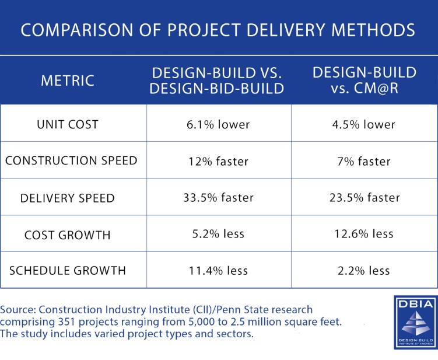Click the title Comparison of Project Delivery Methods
[x=218, y=30]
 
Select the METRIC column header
[x=68, y=81]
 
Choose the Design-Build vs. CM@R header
[x=365, y=81]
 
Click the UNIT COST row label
[x=68, y=124]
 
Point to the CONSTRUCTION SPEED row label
[x=71, y=160]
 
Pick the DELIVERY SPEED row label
[x=68, y=198]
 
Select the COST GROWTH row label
[x=68, y=234]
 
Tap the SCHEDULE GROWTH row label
[x=68, y=270]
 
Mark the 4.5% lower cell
[x=365, y=124]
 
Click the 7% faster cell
[x=365, y=160]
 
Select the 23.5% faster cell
[x=365, y=198]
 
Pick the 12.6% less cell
[x=365, y=234]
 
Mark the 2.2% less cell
[x=365, y=270]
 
